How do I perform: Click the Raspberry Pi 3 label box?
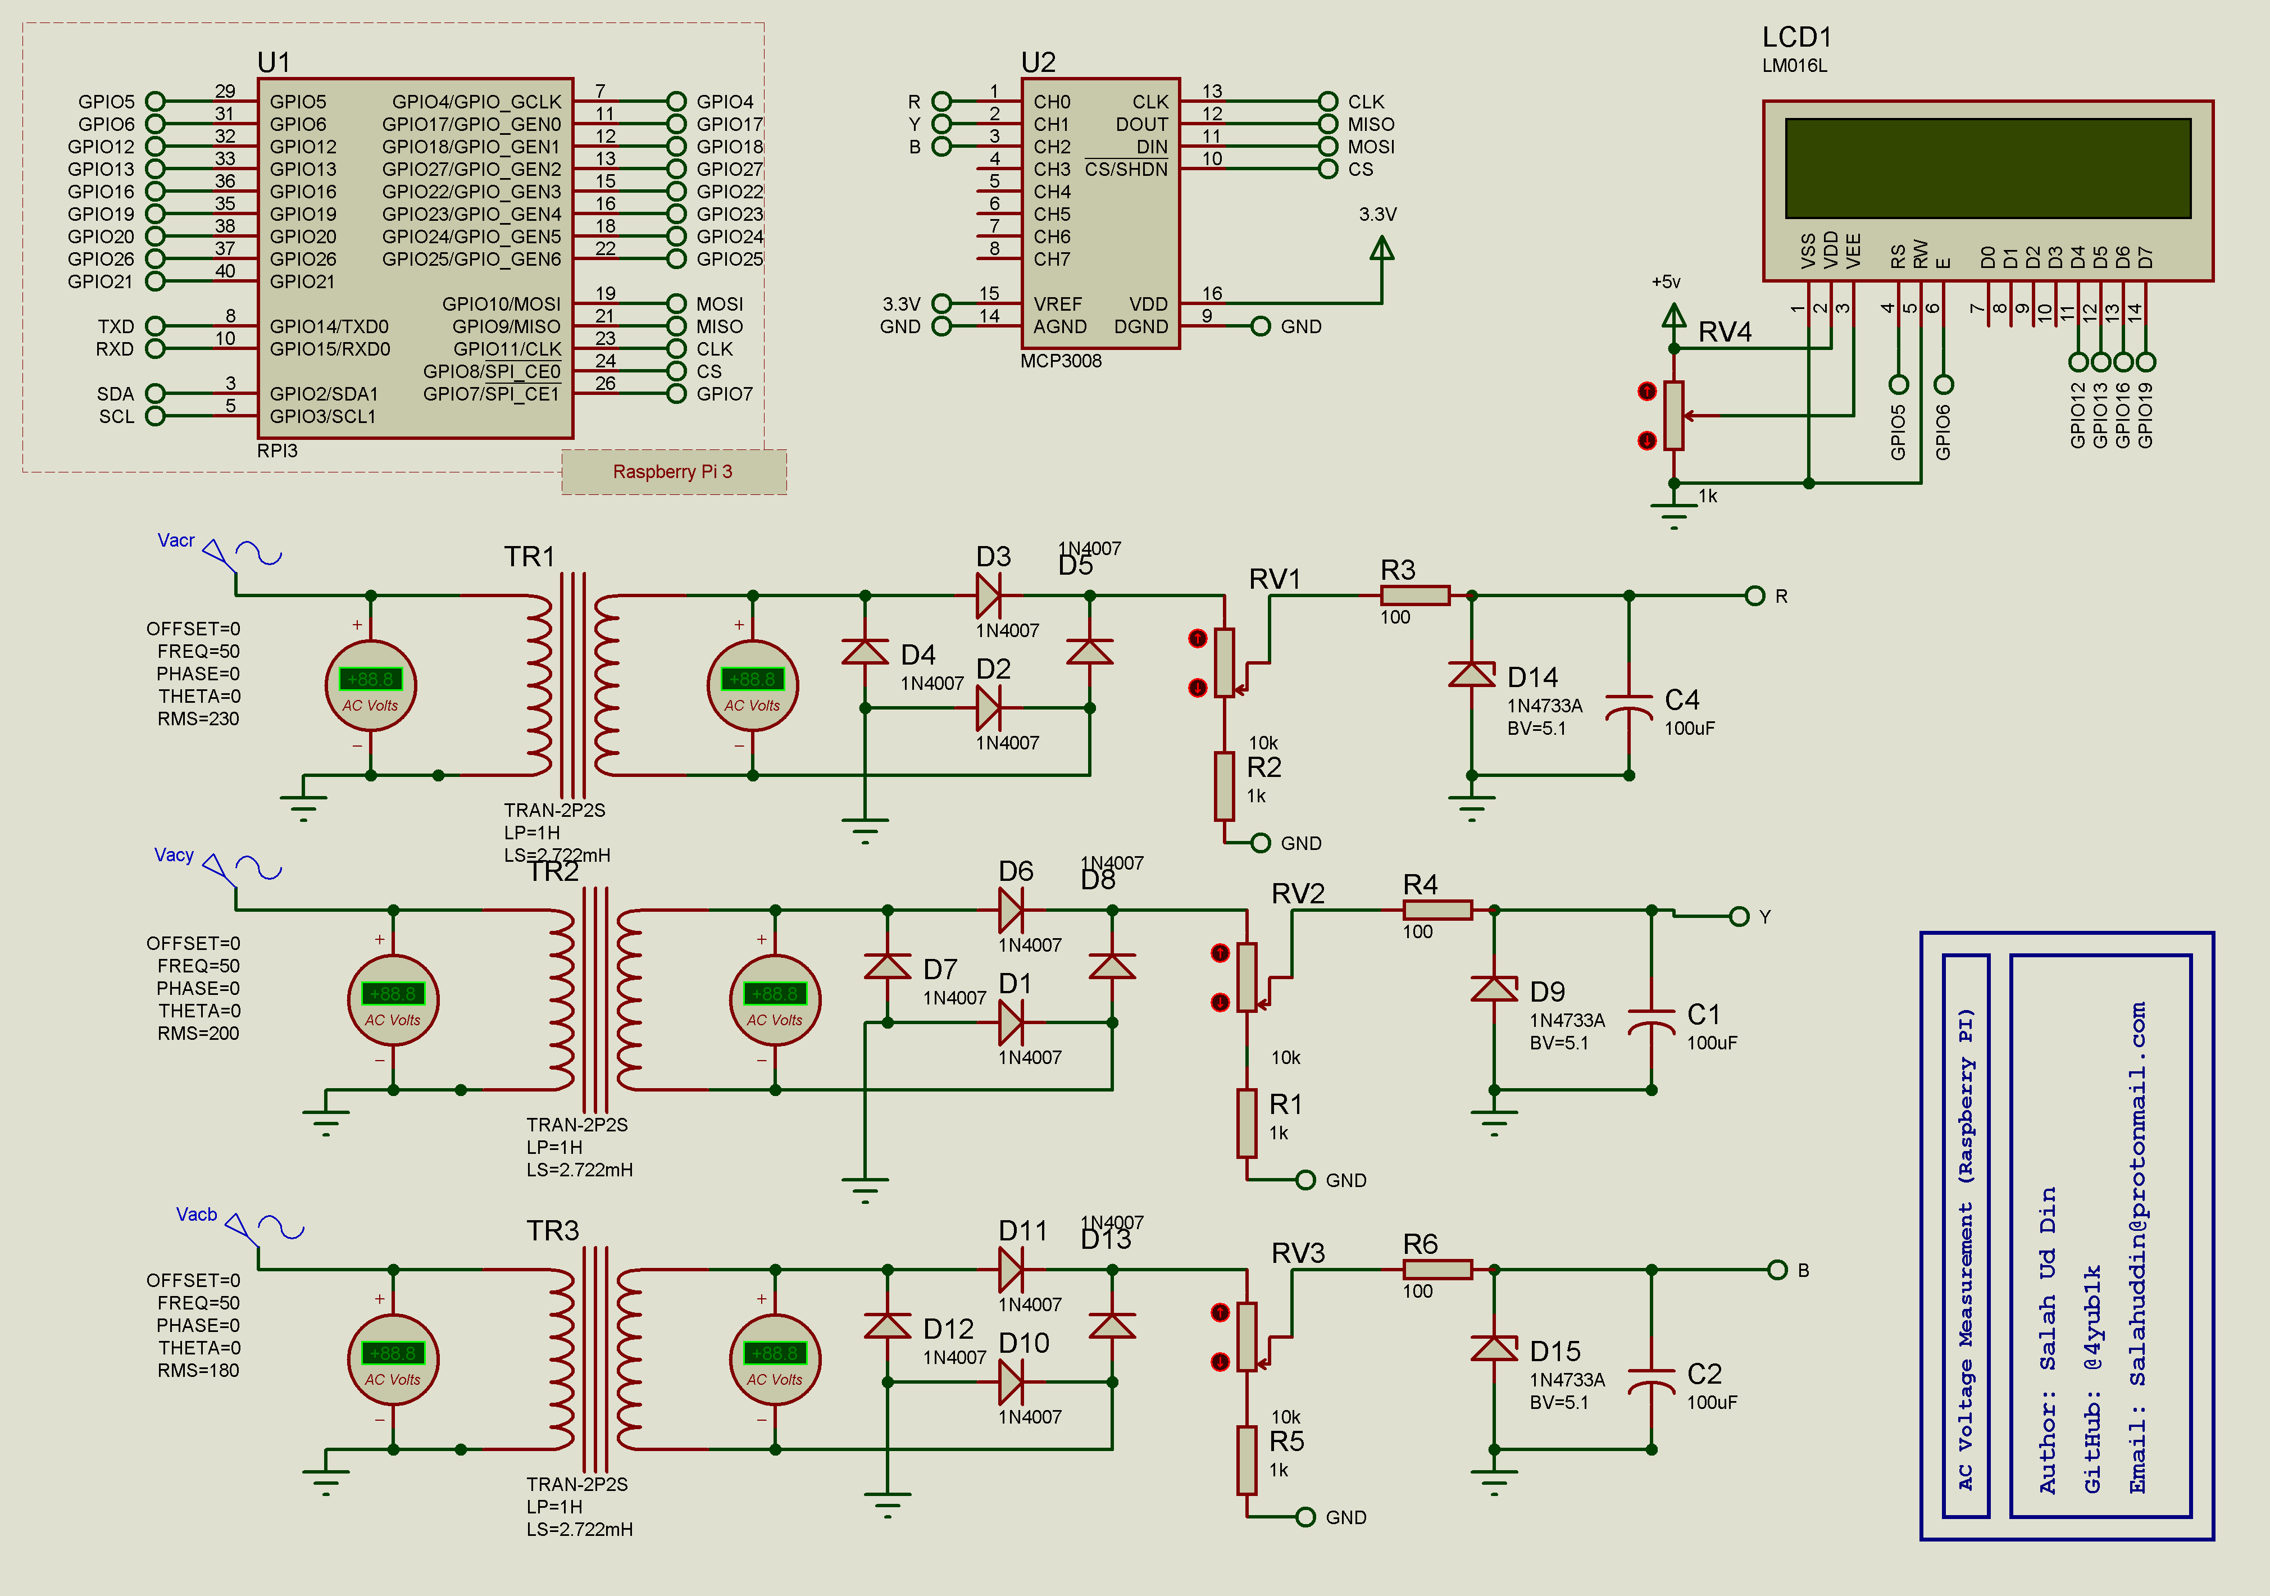pos(674,472)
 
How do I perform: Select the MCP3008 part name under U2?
pos(1060,361)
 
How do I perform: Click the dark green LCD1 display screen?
pos(1987,168)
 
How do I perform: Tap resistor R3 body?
pos(1415,595)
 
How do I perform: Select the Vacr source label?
pos(176,540)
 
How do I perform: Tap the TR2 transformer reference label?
pos(553,871)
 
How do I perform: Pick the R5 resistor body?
pos(1247,1459)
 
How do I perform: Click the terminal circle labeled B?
pos(1777,1270)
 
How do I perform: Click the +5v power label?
pos(1666,282)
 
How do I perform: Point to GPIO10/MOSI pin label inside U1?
pos(501,303)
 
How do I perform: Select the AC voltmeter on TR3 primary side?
pos(393,1359)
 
